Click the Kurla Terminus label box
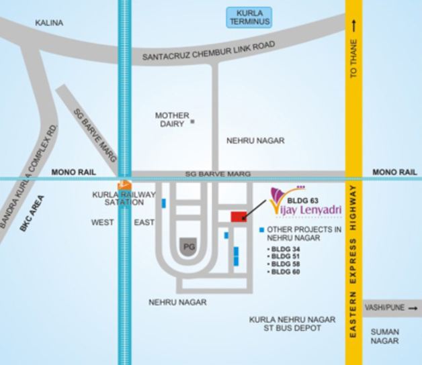pos(249,17)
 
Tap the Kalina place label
pos(49,23)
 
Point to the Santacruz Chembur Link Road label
pos(210,53)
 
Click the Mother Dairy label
pos(172,119)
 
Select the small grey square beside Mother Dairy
pos(192,122)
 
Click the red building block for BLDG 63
pos(239,216)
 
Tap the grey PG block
pos(189,247)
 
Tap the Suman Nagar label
pos(385,336)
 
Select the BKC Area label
pos(32,213)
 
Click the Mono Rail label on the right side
pos(394,172)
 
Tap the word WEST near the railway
pos(103,222)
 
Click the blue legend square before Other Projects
pos(261,230)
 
